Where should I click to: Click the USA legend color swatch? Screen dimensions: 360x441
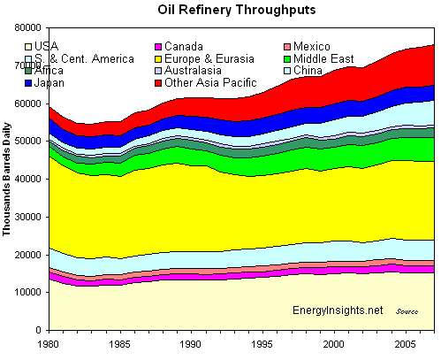click(x=30, y=46)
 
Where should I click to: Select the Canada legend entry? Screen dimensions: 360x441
click(x=177, y=46)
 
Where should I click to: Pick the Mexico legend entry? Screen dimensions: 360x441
click(x=306, y=46)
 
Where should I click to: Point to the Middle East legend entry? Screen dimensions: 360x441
click(x=318, y=58)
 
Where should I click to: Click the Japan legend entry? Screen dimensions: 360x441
click(x=49, y=83)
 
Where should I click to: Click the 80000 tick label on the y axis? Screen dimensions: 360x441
click(x=31, y=28)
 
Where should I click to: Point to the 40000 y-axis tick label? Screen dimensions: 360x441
click(x=31, y=179)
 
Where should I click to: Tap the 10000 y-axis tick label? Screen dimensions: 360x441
click(x=31, y=292)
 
